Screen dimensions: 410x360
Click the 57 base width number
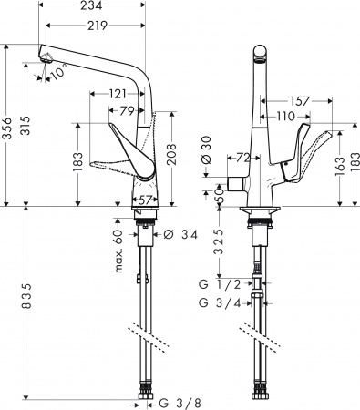146,200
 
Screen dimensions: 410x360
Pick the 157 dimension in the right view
296,100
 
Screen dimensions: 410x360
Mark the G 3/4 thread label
220,302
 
